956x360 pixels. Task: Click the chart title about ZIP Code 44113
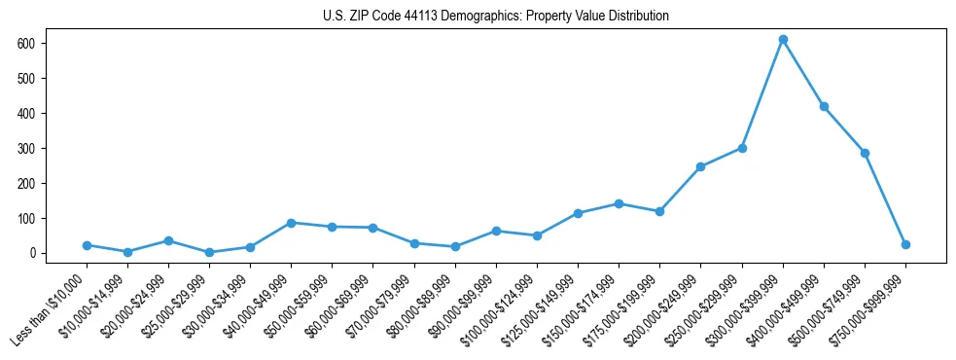(x=496, y=17)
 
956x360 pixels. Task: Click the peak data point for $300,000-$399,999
(x=783, y=40)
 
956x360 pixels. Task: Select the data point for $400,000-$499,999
(x=824, y=106)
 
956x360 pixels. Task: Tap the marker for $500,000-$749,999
(x=865, y=153)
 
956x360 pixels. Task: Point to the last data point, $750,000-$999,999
(x=905, y=245)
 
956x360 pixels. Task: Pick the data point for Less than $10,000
(x=87, y=245)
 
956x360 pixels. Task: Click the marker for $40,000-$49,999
(x=291, y=223)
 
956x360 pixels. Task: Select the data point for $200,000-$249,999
(x=700, y=166)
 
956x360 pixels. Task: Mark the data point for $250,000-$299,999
(x=742, y=148)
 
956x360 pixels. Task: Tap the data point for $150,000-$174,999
(x=619, y=203)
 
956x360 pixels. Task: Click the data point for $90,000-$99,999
(x=496, y=231)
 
